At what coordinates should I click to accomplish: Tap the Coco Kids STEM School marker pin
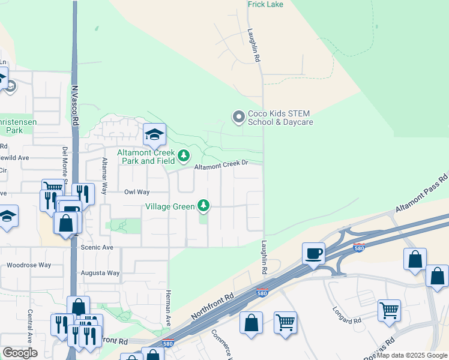(x=238, y=116)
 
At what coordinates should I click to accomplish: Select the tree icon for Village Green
(x=204, y=206)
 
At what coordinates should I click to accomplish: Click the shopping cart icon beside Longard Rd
(x=389, y=311)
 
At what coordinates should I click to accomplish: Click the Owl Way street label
(x=136, y=192)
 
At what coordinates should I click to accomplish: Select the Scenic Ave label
(x=97, y=247)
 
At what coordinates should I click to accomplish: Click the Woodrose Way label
(x=29, y=265)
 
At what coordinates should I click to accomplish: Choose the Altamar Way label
(x=104, y=176)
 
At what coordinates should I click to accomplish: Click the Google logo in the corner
(x=20, y=353)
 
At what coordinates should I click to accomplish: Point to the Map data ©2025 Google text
(x=412, y=355)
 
